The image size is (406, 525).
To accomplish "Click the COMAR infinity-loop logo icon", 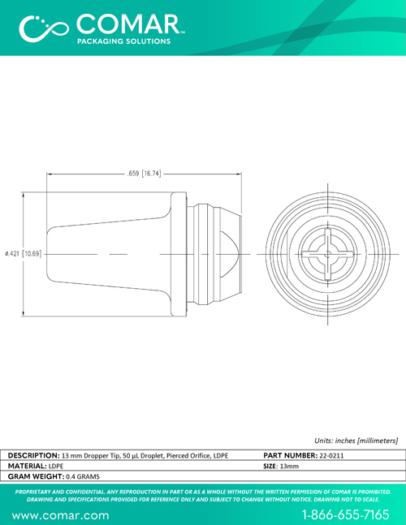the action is click(x=44, y=28).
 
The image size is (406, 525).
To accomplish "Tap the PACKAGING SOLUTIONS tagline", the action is click(x=124, y=41).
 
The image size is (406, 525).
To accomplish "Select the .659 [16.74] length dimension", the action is click(x=144, y=174).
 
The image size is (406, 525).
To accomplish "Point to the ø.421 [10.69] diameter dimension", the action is click(x=24, y=254).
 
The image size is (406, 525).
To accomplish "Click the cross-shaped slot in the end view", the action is click(x=327, y=254).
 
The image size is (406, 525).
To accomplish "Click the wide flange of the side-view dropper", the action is click(x=179, y=254).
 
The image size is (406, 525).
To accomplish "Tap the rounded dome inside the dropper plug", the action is click(x=230, y=254).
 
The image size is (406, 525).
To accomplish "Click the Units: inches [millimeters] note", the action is click(x=356, y=441).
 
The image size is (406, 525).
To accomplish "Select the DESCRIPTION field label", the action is click(x=34, y=455).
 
